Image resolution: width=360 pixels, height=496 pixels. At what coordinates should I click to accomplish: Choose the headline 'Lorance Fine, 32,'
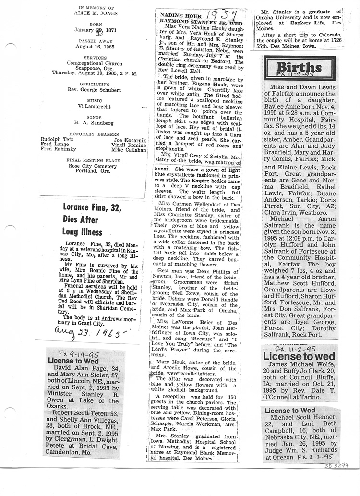[93, 208]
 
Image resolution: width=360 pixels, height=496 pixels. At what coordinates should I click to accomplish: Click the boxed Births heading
[299, 67]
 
